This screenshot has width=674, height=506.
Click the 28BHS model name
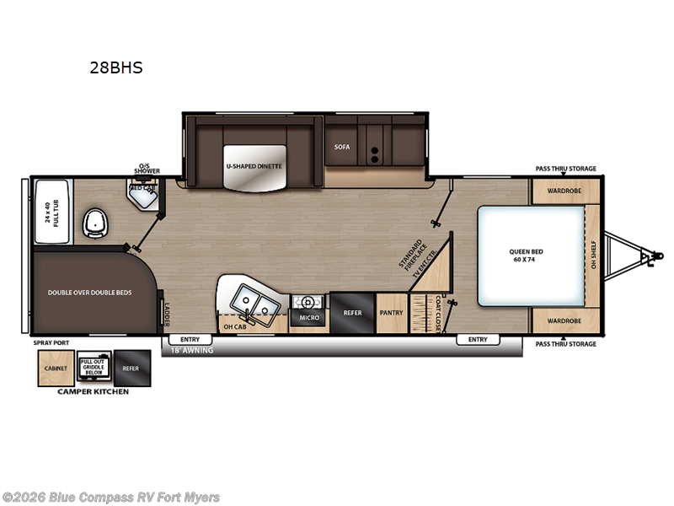point(116,68)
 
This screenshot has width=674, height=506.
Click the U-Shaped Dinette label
point(254,167)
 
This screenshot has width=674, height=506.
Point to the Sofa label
point(341,147)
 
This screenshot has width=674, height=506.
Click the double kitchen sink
point(252,299)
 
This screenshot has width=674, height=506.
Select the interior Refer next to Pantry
point(352,313)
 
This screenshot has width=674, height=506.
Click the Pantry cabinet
point(391,313)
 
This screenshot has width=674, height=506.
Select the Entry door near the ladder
point(190,340)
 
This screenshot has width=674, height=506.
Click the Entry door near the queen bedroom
point(478,340)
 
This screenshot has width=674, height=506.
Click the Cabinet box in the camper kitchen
point(56,368)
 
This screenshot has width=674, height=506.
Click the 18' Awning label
point(193,350)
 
